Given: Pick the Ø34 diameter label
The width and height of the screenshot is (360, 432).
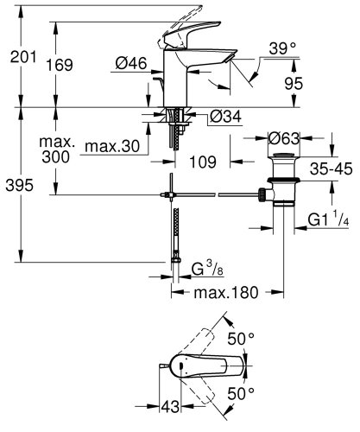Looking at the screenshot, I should tap(227, 118).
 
